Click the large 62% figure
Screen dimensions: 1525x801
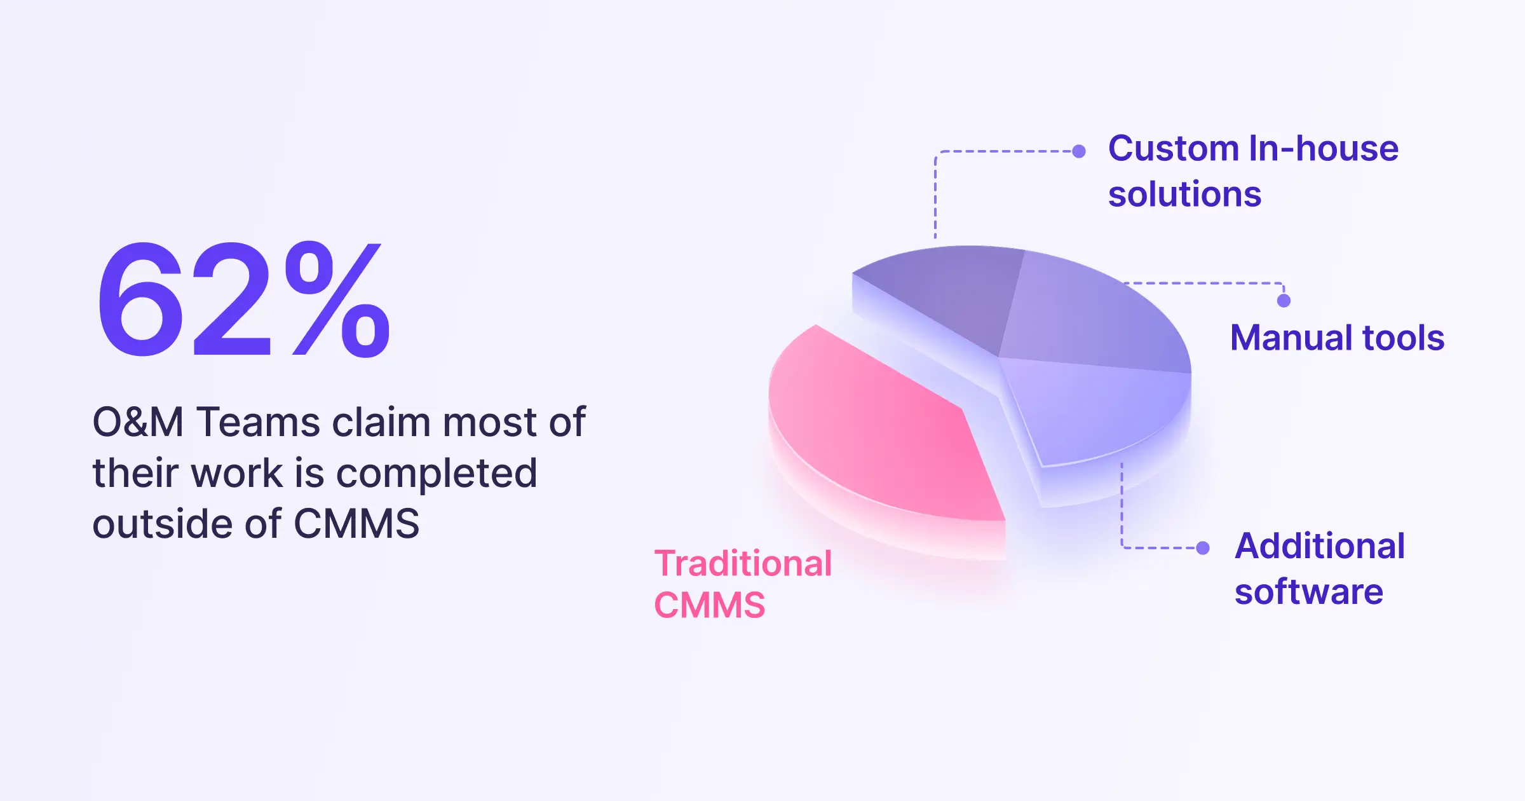pos(243,299)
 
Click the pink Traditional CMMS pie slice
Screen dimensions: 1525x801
pos(883,439)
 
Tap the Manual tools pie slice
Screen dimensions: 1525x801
pos(1093,318)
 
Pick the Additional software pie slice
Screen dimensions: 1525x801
pos(1093,413)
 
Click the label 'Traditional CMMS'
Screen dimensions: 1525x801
pos(743,584)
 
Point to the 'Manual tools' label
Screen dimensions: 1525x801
pos(1338,338)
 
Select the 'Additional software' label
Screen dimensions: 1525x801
pos(1320,568)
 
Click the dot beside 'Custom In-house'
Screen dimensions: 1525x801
pos(1079,151)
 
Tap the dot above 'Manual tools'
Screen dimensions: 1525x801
pos(1284,301)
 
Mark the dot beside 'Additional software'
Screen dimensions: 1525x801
pos(1203,548)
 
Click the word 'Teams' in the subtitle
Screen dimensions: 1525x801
pos(258,422)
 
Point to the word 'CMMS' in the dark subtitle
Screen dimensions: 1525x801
pos(356,524)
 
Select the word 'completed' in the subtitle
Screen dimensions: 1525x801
pos(437,474)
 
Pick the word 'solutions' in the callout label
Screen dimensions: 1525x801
pos(1185,194)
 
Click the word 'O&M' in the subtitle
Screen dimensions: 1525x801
pos(139,422)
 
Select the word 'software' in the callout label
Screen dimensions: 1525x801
pos(1309,592)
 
